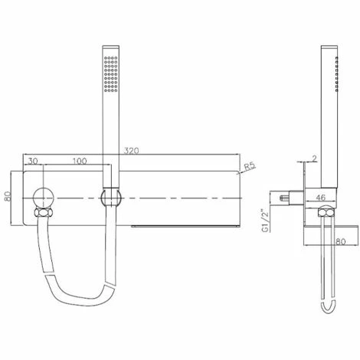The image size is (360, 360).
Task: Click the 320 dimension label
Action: [x=132, y=151]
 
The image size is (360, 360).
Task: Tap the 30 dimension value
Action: [x=33, y=161]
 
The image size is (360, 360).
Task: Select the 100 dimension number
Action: [x=80, y=161]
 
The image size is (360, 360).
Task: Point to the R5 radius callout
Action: [x=250, y=166]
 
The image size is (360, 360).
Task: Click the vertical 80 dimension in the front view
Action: [x=8, y=196]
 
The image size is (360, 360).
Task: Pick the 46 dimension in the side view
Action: [x=321, y=198]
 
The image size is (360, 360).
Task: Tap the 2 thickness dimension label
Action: [x=314, y=159]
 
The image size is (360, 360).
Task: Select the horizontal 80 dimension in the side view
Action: [x=341, y=241]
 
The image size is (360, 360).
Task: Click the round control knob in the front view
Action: [x=44, y=198]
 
